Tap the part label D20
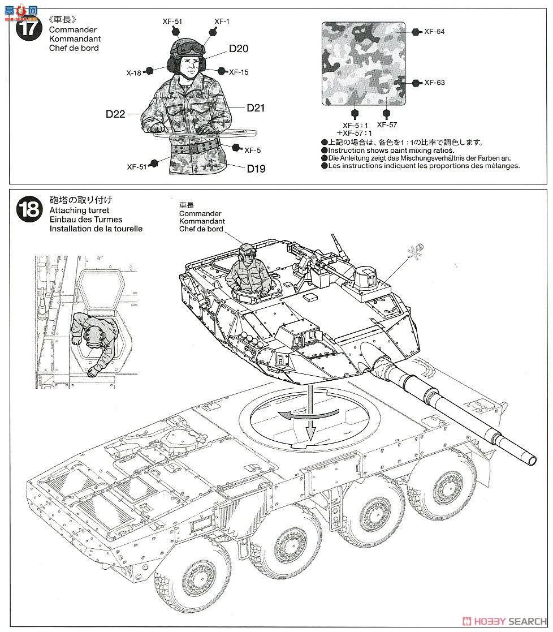point(239,49)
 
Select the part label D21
point(256,108)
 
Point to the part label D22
point(115,114)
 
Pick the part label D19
point(256,168)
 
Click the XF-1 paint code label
point(222,22)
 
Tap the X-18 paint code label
point(133,72)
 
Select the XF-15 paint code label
point(239,72)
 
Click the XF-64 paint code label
point(434,32)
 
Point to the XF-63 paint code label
point(434,83)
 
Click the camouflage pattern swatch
point(364,63)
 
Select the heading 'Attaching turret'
point(79,210)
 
